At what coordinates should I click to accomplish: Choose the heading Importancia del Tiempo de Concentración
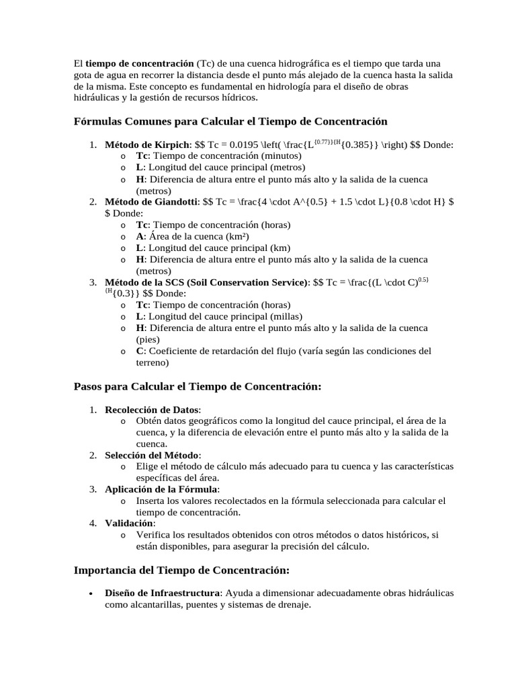coord(181,570)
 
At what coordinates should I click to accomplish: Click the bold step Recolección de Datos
coord(153,410)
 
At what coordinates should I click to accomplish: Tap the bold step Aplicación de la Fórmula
coord(162,489)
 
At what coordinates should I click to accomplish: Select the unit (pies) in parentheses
coord(148,340)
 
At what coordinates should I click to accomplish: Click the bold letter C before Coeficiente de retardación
coord(140,351)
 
